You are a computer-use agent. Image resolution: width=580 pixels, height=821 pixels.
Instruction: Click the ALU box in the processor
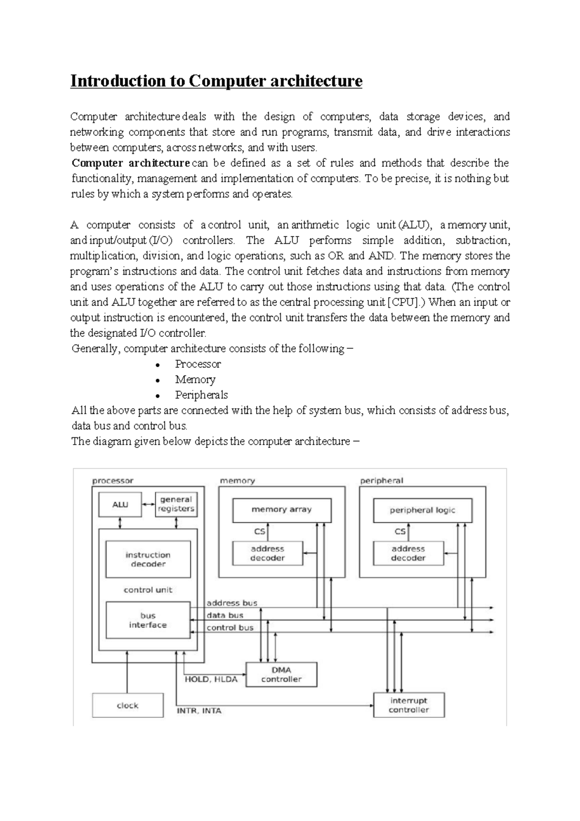point(120,505)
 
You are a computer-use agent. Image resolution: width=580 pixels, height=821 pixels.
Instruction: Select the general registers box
point(176,504)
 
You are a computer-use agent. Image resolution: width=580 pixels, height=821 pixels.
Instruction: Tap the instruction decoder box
point(148,559)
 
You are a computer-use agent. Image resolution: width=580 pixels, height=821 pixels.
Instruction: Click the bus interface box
point(148,620)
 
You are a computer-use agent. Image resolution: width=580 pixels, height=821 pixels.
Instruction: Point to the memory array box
point(281,510)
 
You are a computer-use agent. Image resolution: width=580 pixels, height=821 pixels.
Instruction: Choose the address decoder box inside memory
point(267,553)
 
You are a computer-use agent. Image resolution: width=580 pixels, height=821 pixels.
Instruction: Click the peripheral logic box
point(422,510)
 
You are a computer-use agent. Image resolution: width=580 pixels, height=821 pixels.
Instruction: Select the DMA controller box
point(281,674)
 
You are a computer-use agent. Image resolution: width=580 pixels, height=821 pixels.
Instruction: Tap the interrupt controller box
point(409,705)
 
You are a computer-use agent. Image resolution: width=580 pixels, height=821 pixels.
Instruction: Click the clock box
point(128,705)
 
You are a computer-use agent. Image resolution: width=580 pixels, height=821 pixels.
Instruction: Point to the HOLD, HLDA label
point(211,679)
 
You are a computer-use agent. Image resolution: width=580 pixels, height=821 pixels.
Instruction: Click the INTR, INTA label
point(199,711)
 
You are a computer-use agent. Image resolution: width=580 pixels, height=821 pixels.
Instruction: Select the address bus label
point(232,603)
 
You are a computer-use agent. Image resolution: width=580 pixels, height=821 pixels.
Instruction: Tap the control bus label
point(230,627)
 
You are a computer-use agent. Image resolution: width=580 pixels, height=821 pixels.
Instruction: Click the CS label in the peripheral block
point(400,531)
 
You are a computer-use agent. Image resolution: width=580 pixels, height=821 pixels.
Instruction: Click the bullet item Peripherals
point(201,395)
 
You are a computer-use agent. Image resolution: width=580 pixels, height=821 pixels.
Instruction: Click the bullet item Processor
point(198,364)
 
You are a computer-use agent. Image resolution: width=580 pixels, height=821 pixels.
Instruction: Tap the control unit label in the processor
point(148,590)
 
